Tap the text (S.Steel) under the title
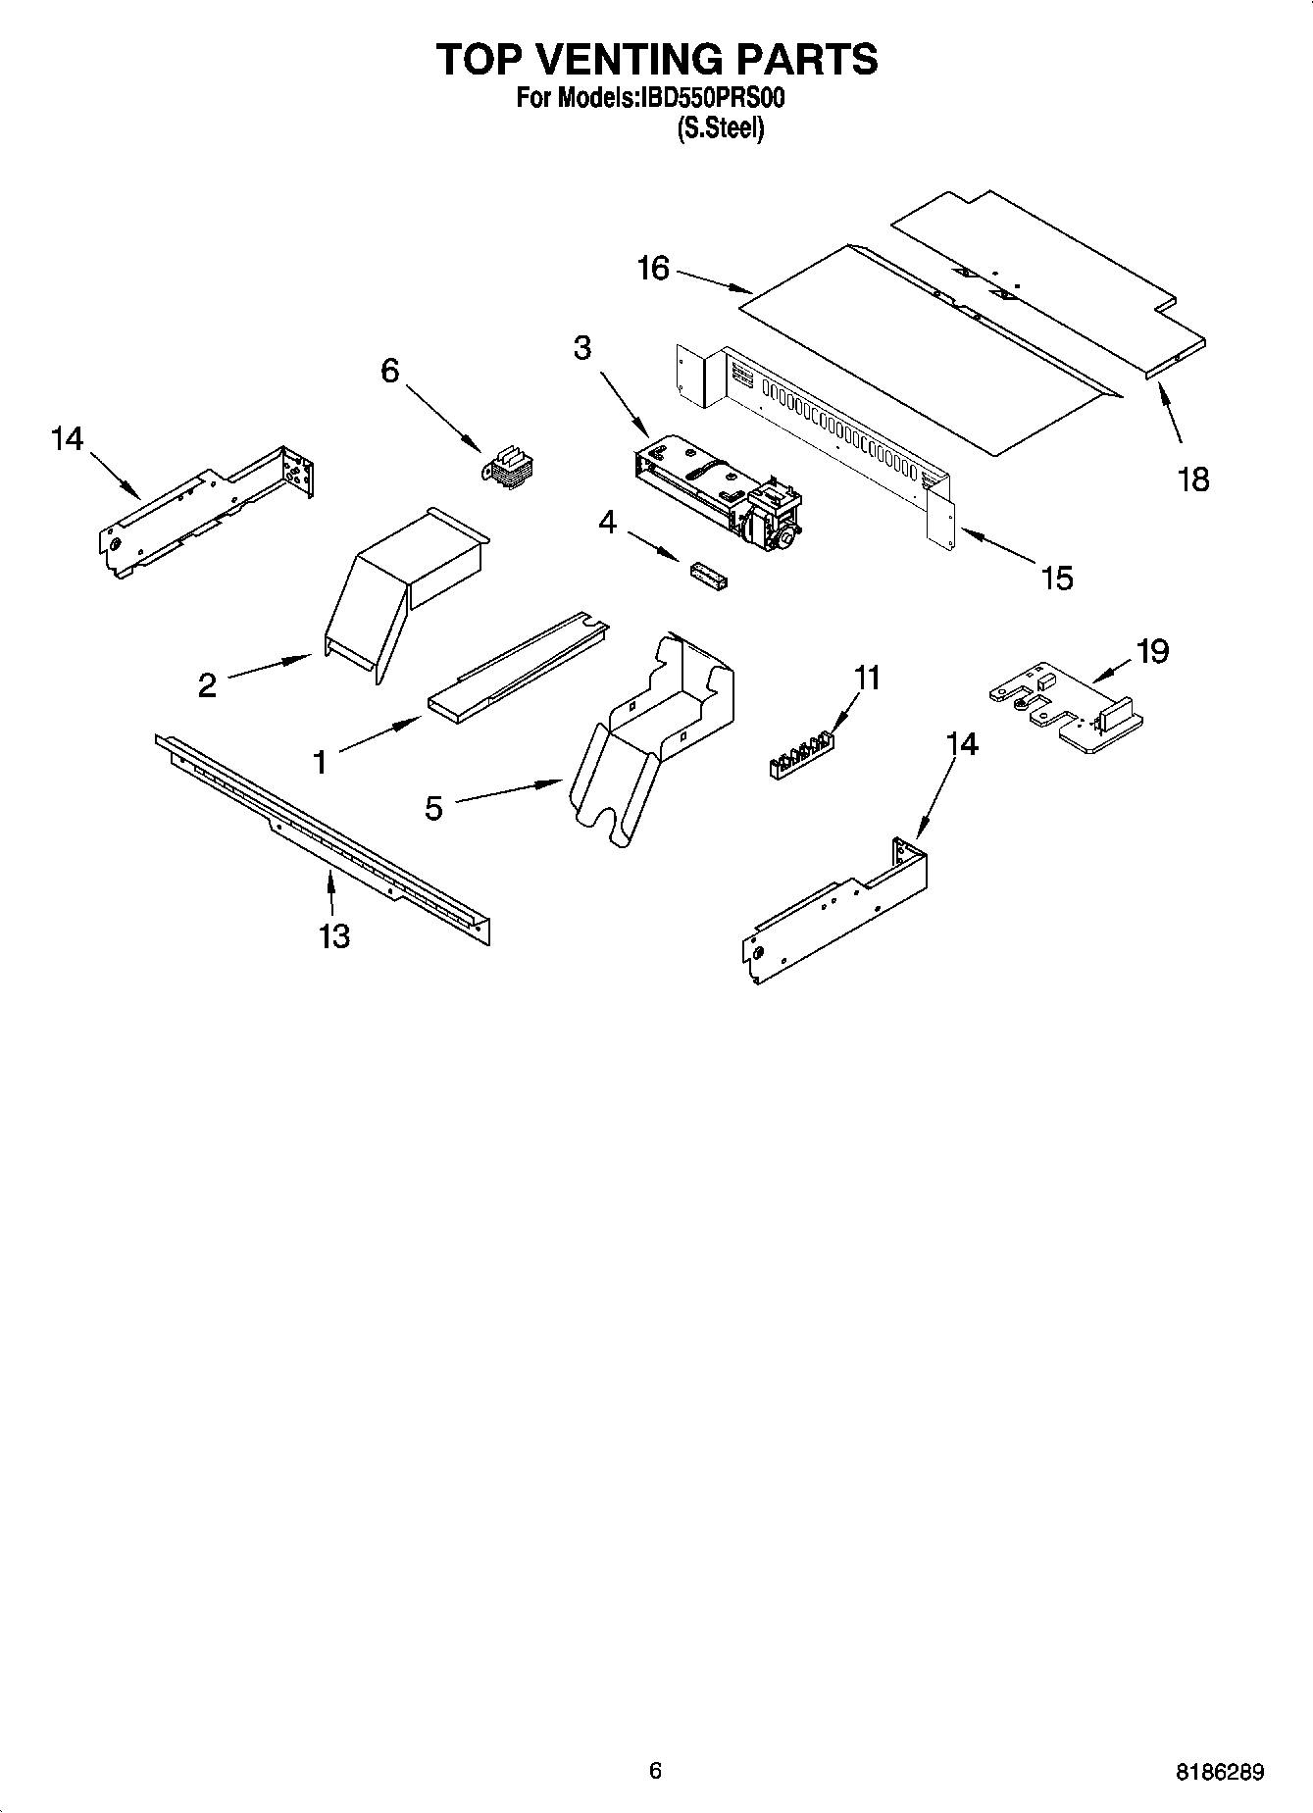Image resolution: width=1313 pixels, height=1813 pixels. coord(721,127)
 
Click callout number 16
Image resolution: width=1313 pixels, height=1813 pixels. coord(653,268)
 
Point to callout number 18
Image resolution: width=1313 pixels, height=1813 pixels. coord(1193,479)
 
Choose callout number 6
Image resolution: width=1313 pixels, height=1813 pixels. coord(390,371)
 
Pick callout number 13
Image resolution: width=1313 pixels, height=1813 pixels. coord(334,936)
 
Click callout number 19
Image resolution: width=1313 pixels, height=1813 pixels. coord(1153,651)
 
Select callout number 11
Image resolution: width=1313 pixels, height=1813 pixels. coord(867,679)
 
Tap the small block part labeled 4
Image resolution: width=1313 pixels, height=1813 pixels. coord(709,576)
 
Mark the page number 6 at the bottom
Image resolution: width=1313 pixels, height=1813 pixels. coord(655,1771)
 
